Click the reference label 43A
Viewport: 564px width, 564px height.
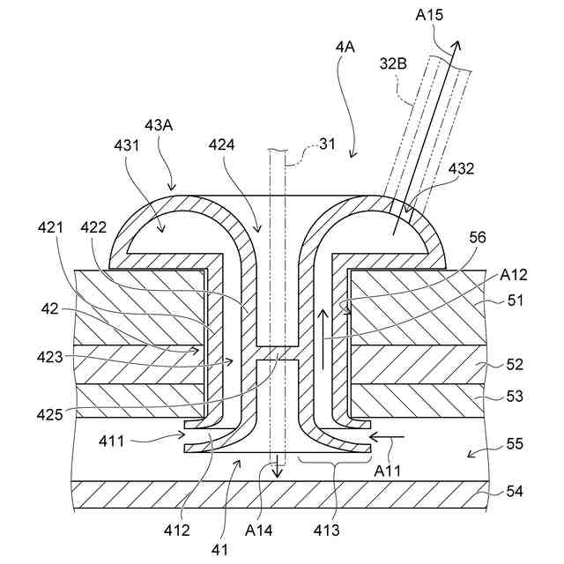click(159, 125)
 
